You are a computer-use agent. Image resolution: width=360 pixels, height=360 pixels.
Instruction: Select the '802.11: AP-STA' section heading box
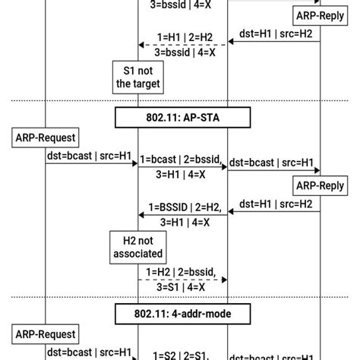(182, 118)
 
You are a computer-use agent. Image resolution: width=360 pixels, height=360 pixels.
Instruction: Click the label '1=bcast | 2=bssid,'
(182, 160)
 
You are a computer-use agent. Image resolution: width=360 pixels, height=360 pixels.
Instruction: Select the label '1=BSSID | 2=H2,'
(182, 206)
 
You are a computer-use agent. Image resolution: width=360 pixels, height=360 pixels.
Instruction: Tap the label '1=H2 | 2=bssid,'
(182, 271)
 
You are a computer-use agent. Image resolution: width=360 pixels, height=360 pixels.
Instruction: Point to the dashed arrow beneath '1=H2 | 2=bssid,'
(182, 279)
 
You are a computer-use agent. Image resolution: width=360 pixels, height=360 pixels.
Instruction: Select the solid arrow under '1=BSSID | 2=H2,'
(182, 214)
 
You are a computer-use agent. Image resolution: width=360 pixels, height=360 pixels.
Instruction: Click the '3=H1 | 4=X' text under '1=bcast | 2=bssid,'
(182, 175)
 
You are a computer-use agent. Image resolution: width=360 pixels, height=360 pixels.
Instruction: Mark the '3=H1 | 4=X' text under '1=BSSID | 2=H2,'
(182, 222)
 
